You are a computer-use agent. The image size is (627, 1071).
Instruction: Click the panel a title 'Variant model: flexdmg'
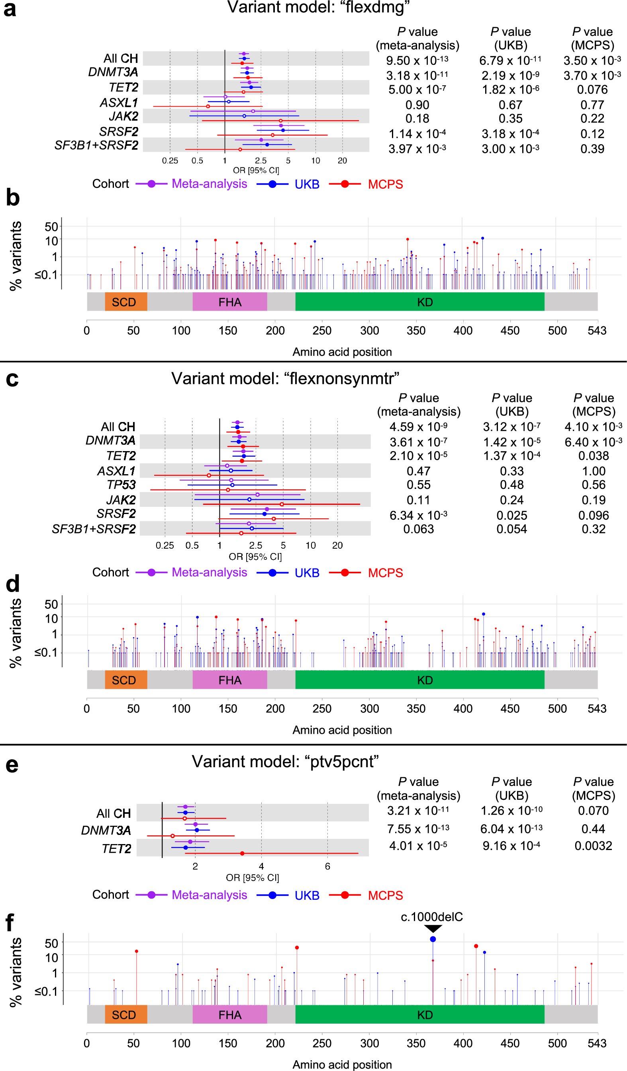coord(318,8)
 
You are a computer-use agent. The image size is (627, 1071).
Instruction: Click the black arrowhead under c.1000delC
coord(433,928)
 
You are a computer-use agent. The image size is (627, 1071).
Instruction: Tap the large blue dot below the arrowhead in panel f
coord(433,939)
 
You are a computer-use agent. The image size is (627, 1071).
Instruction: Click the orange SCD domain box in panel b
coord(126,302)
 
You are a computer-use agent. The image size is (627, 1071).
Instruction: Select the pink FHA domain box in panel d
coord(229,680)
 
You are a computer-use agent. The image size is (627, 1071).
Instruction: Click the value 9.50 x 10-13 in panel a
coord(417,61)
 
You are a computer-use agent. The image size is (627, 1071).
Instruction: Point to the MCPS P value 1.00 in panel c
coord(594,471)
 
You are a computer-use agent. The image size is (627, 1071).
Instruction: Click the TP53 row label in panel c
coord(121,485)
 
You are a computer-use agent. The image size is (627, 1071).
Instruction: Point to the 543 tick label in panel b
coord(597,330)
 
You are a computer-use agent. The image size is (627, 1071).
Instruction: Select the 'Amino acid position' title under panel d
coord(342,730)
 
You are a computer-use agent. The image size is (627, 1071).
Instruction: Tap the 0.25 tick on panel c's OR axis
coord(165,545)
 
